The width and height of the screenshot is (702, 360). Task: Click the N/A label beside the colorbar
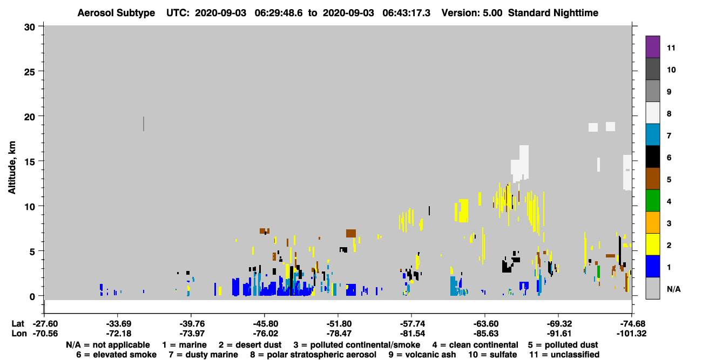(x=673, y=289)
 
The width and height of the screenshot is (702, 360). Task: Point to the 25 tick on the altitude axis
(x=30, y=72)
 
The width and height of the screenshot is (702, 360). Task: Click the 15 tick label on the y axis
(x=30, y=162)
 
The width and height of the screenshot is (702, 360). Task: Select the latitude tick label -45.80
(x=264, y=323)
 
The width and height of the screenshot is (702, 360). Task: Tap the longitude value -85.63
(x=485, y=334)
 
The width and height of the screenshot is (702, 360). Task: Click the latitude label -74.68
(x=631, y=323)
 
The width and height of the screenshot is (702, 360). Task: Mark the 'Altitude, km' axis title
(x=12, y=168)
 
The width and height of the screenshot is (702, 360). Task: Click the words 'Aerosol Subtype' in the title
(x=116, y=13)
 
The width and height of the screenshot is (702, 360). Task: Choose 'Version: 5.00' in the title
(x=472, y=13)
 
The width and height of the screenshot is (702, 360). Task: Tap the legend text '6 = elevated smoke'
(x=116, y=355)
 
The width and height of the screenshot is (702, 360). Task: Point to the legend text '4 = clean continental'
(x=475, y=345)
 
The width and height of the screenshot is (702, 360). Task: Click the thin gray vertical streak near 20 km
(x=144, y=124)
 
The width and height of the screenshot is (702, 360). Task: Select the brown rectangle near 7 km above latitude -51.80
(x=351, y=233)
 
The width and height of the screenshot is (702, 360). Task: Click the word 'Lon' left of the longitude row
(x=19, y=334)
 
